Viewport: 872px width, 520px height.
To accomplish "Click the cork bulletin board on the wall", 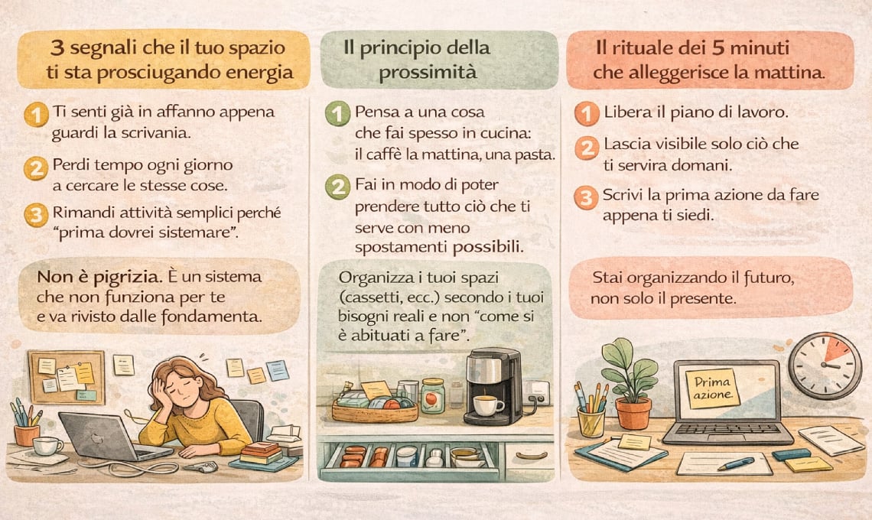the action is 67,376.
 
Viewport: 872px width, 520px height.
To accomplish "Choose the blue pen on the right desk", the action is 736,463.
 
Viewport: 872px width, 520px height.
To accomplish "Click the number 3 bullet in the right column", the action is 586,198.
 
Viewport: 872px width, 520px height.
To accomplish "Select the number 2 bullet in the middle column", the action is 337,187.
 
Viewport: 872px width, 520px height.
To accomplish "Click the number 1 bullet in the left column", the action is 36,115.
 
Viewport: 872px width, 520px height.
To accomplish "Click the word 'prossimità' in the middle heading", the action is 427,73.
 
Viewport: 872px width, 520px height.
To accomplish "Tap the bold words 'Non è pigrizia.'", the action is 100,276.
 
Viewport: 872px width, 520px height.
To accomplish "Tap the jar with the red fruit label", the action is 433,396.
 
